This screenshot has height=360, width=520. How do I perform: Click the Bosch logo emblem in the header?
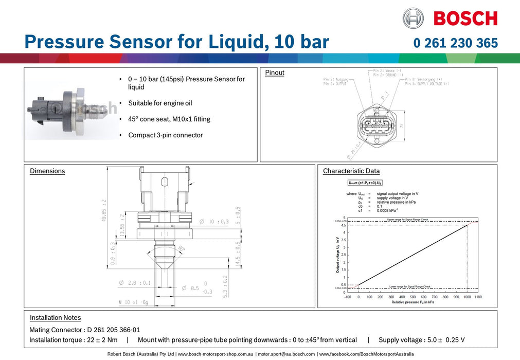point(413,18)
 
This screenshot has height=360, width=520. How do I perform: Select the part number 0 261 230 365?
point(455,43)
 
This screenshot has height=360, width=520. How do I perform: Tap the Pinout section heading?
point(275,73)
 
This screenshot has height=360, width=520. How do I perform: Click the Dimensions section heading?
point(47,171)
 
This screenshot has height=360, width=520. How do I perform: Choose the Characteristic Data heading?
point(351,171)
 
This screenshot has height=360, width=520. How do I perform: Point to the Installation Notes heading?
point(55,317)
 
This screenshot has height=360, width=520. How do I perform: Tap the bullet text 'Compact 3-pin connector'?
point(165,135)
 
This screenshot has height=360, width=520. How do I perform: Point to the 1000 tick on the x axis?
point(467,297)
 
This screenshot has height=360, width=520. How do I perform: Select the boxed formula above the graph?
point(365,183)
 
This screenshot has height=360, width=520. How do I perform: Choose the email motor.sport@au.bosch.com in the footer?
point(286,354)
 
